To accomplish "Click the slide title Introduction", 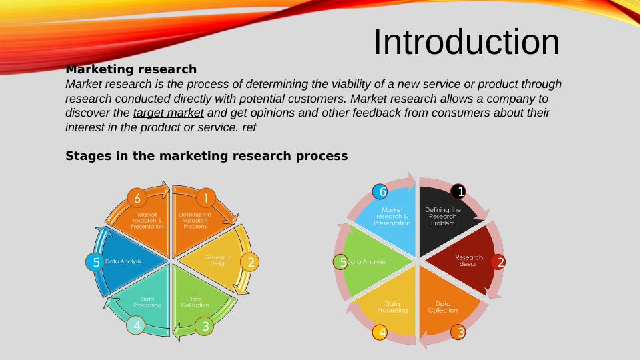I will pyautogui.click(x=466, y=42).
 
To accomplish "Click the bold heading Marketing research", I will pyautogui.click(x=131, y=69).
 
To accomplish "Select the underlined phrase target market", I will pyautogui.click(x=168, y=113).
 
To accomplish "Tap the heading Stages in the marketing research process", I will pyautogui.click(x=206, y=156).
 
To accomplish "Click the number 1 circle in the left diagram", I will pyautogui.click(x=205, y=198).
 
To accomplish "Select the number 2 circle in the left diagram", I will pyautogui.click(x=250, y=262).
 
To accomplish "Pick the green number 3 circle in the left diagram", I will pyautogui.click(x=205, y=326).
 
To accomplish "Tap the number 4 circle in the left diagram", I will pyautogui.click(x=137, y=325).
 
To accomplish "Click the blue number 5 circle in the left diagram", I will pyautogui.click(x=95, y=262).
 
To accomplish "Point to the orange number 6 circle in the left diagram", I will pyautogui.click(x=137, y=198).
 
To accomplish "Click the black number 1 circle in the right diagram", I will pyautogui.click(x=458, y=192).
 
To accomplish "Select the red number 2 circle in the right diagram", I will pyautogui.click(x=499, y=262).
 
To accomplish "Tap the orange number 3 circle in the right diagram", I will pyautogui.click(x=458, y=331).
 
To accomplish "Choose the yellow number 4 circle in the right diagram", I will pyautogui.click(x=380, y=331).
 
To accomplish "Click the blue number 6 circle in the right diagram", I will pyautogui.click(x=380, y=192).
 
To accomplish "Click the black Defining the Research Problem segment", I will pyautogui.click(x=444, y=217).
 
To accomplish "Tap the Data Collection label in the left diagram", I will pyautogui.click(x=195, y=302).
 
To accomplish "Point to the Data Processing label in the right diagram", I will pyautogui.click(x=392, y=307).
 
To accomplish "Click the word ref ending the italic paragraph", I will pyautogui.click(x=249, y=127).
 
